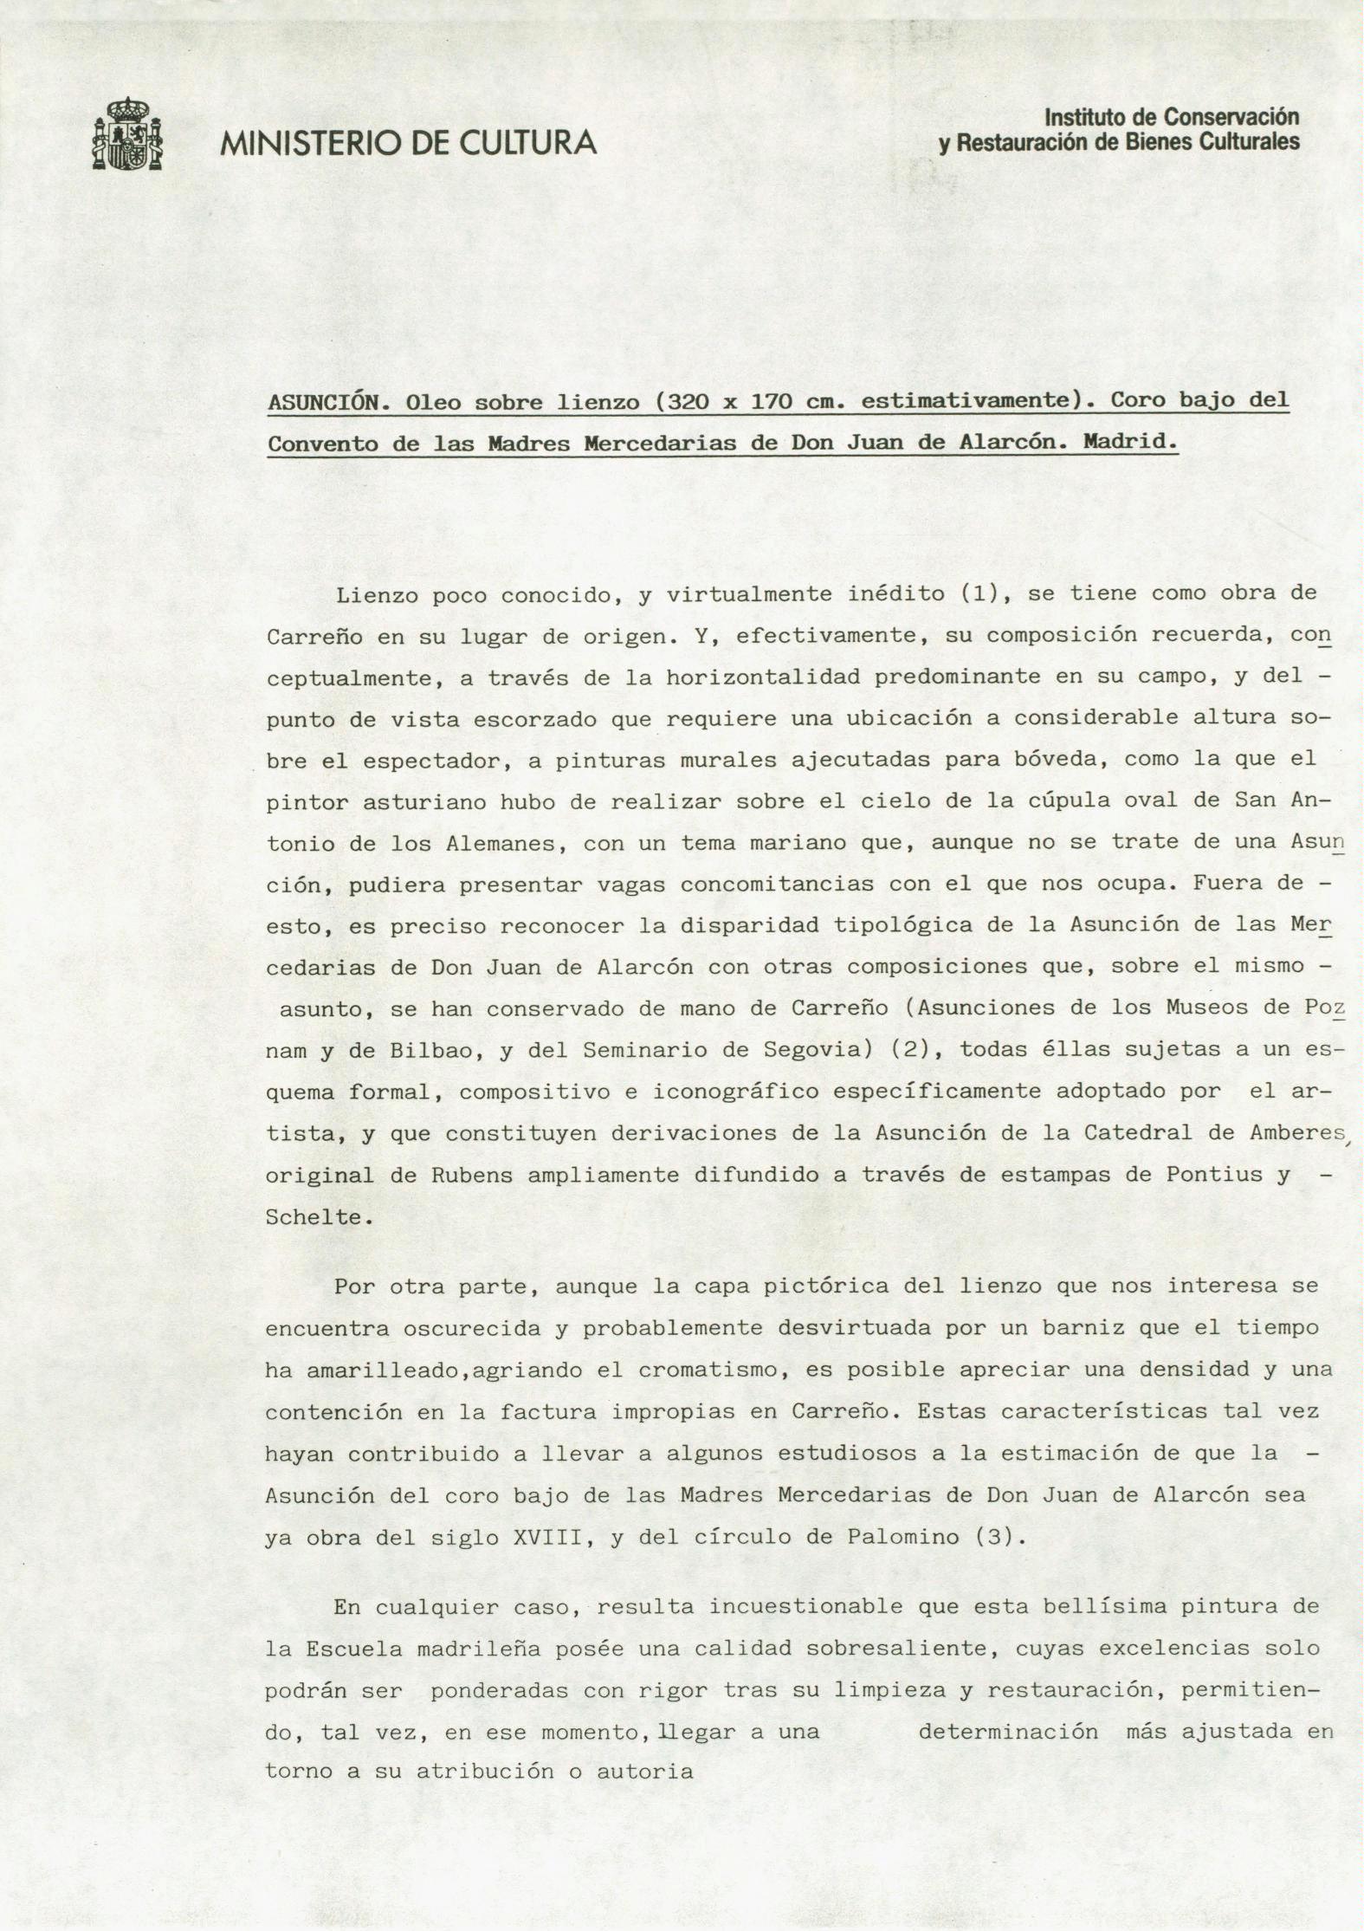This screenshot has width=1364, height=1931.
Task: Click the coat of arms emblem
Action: click(x=126, y=134)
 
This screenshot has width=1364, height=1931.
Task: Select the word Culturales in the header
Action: click(x=1250, y=141)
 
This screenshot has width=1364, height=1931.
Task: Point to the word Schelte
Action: click(x=314, y=1217)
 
